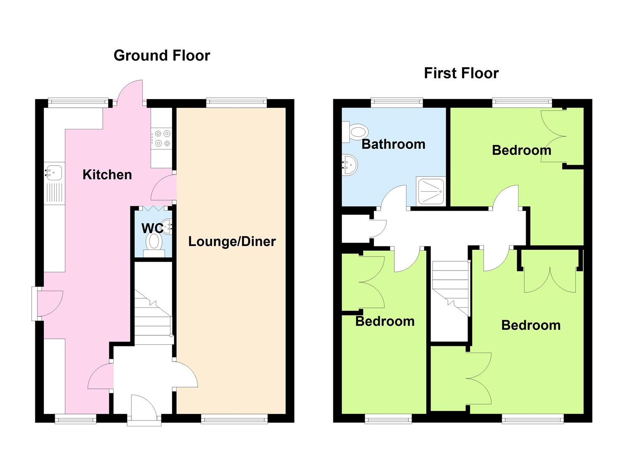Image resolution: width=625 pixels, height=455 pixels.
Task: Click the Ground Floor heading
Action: (x=162, y=56)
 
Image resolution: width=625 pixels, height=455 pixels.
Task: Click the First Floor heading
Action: (x=461, y=73)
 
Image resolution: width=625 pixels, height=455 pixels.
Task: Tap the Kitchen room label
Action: (x=107, y=174)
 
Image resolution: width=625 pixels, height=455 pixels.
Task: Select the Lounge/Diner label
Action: (x=232, y=241)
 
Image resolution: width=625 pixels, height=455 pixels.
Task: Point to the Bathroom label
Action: (x=393, y=144)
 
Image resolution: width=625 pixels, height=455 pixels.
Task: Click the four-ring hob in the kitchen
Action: (x=162, y=138)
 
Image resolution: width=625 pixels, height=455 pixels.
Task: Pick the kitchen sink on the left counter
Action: (x=54, y=173)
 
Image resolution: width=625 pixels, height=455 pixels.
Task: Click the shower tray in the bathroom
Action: (x=431, y=191)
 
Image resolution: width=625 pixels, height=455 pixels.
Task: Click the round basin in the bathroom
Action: (x=350, y=164)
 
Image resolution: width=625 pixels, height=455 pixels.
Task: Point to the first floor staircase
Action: (x=451, y=291)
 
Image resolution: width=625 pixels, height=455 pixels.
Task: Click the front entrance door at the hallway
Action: (x=144, y=407)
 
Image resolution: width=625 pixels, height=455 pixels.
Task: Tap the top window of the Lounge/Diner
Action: (x=237, y=102)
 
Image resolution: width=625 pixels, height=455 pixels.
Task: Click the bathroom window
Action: (x=396, y=102)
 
